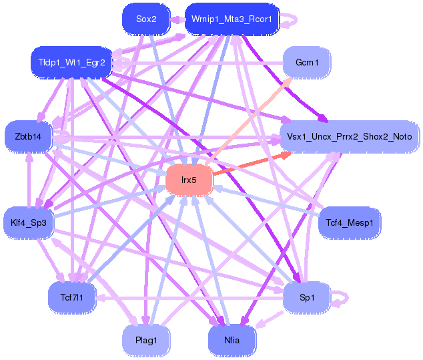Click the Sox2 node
pos(146,19)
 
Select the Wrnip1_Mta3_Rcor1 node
pos(231,19)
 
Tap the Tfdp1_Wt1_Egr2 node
pos(71,62)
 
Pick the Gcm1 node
pos(307,63)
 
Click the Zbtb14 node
pos(27,137)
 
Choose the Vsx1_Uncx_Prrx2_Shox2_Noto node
pos(350,137)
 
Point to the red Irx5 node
pos(189,180)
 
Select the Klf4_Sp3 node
pos(28,222)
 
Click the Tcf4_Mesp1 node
pos(350,222)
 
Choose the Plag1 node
pos(146,340)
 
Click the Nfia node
pos(232,340)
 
